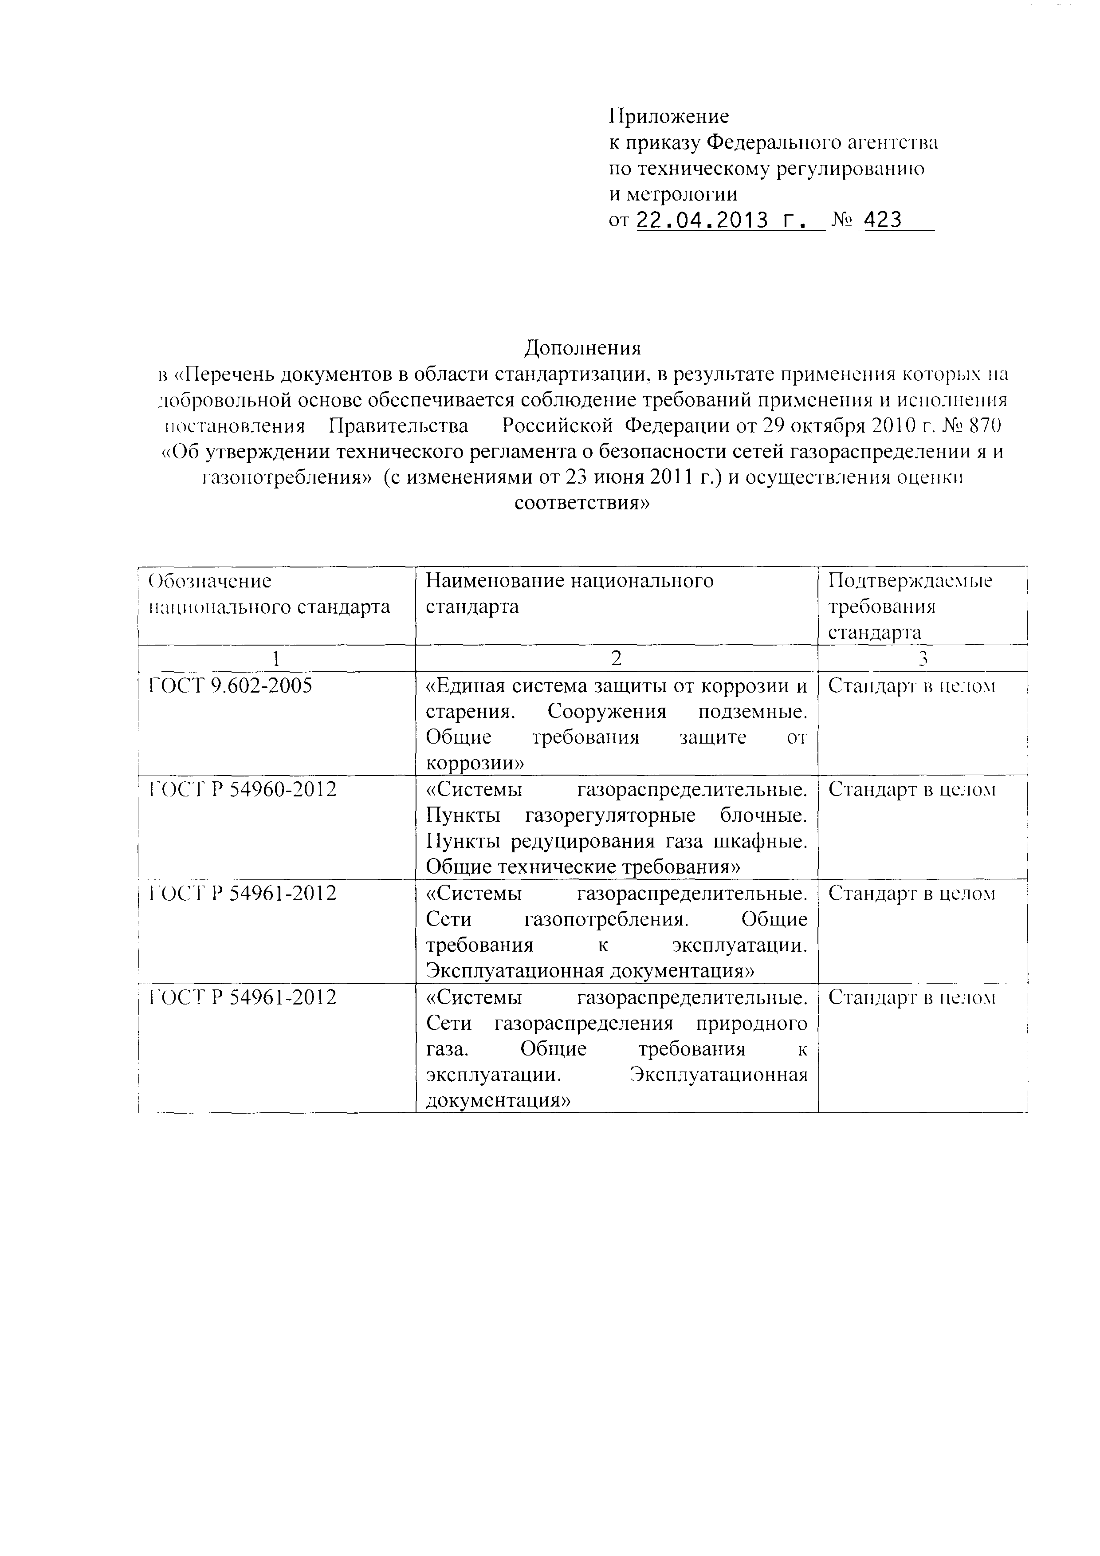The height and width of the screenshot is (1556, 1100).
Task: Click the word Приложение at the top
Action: click(668, 117)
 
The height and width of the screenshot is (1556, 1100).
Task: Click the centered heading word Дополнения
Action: click(582, 348)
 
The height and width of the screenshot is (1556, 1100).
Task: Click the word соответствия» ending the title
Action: click(582, 504)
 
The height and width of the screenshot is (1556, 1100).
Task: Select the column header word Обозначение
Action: click(210, 581)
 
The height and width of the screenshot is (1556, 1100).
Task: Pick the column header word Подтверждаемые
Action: click(910, 581)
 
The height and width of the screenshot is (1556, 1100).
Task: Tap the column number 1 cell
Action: click(276, 658)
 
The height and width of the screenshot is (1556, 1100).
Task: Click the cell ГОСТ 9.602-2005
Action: click(230, 686)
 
